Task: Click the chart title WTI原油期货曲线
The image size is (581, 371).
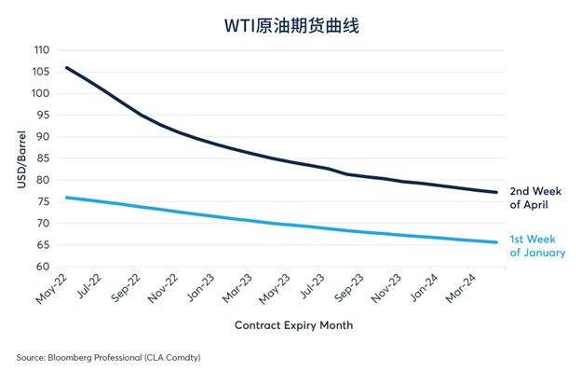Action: pos(291,25)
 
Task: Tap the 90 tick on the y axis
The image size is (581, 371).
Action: pos(42,137)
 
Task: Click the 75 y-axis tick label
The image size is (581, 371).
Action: pos(42,202)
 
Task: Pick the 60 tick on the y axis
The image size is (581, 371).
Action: pos(42,268)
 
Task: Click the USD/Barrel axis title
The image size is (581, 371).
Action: pos(20,158)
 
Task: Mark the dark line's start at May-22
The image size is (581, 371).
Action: pos(66,67)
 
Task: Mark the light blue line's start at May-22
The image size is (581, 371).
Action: pos(66,198)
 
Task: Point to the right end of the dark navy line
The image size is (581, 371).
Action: pos(496,192)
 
